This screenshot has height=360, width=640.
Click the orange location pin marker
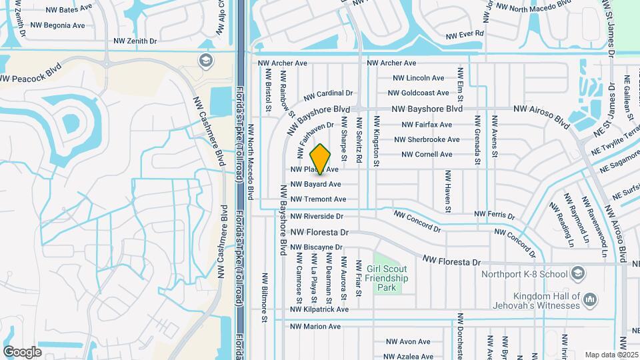coord(321,159)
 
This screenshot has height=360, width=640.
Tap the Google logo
coord(22,351)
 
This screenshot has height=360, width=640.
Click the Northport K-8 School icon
coord(577,273)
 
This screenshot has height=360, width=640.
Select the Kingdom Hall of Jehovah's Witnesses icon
coord(589,301)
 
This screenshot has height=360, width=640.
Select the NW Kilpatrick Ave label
coord(319,309)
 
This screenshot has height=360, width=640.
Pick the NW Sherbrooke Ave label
coord(427,140)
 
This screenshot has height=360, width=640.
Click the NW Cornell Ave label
coord(427,155)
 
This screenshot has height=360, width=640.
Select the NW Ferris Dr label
coord(494,215)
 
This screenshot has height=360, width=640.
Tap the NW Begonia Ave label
coord(59,25)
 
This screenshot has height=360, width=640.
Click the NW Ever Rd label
coord(465,33)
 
